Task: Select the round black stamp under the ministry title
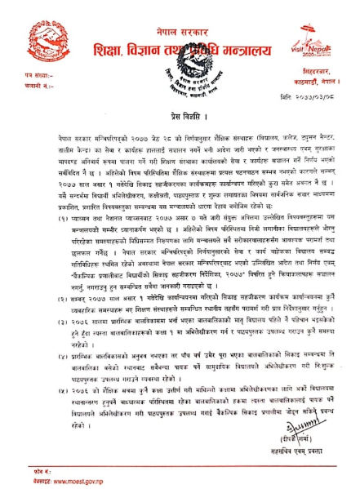pos(180,65)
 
